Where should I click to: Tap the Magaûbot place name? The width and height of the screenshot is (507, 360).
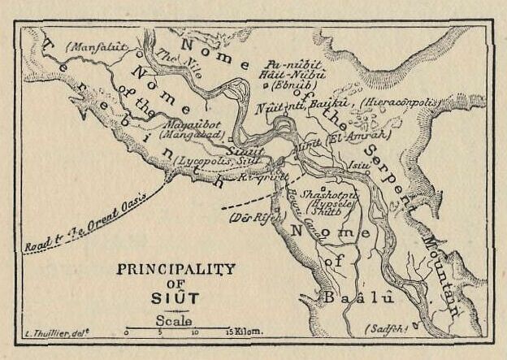(189, 125)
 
